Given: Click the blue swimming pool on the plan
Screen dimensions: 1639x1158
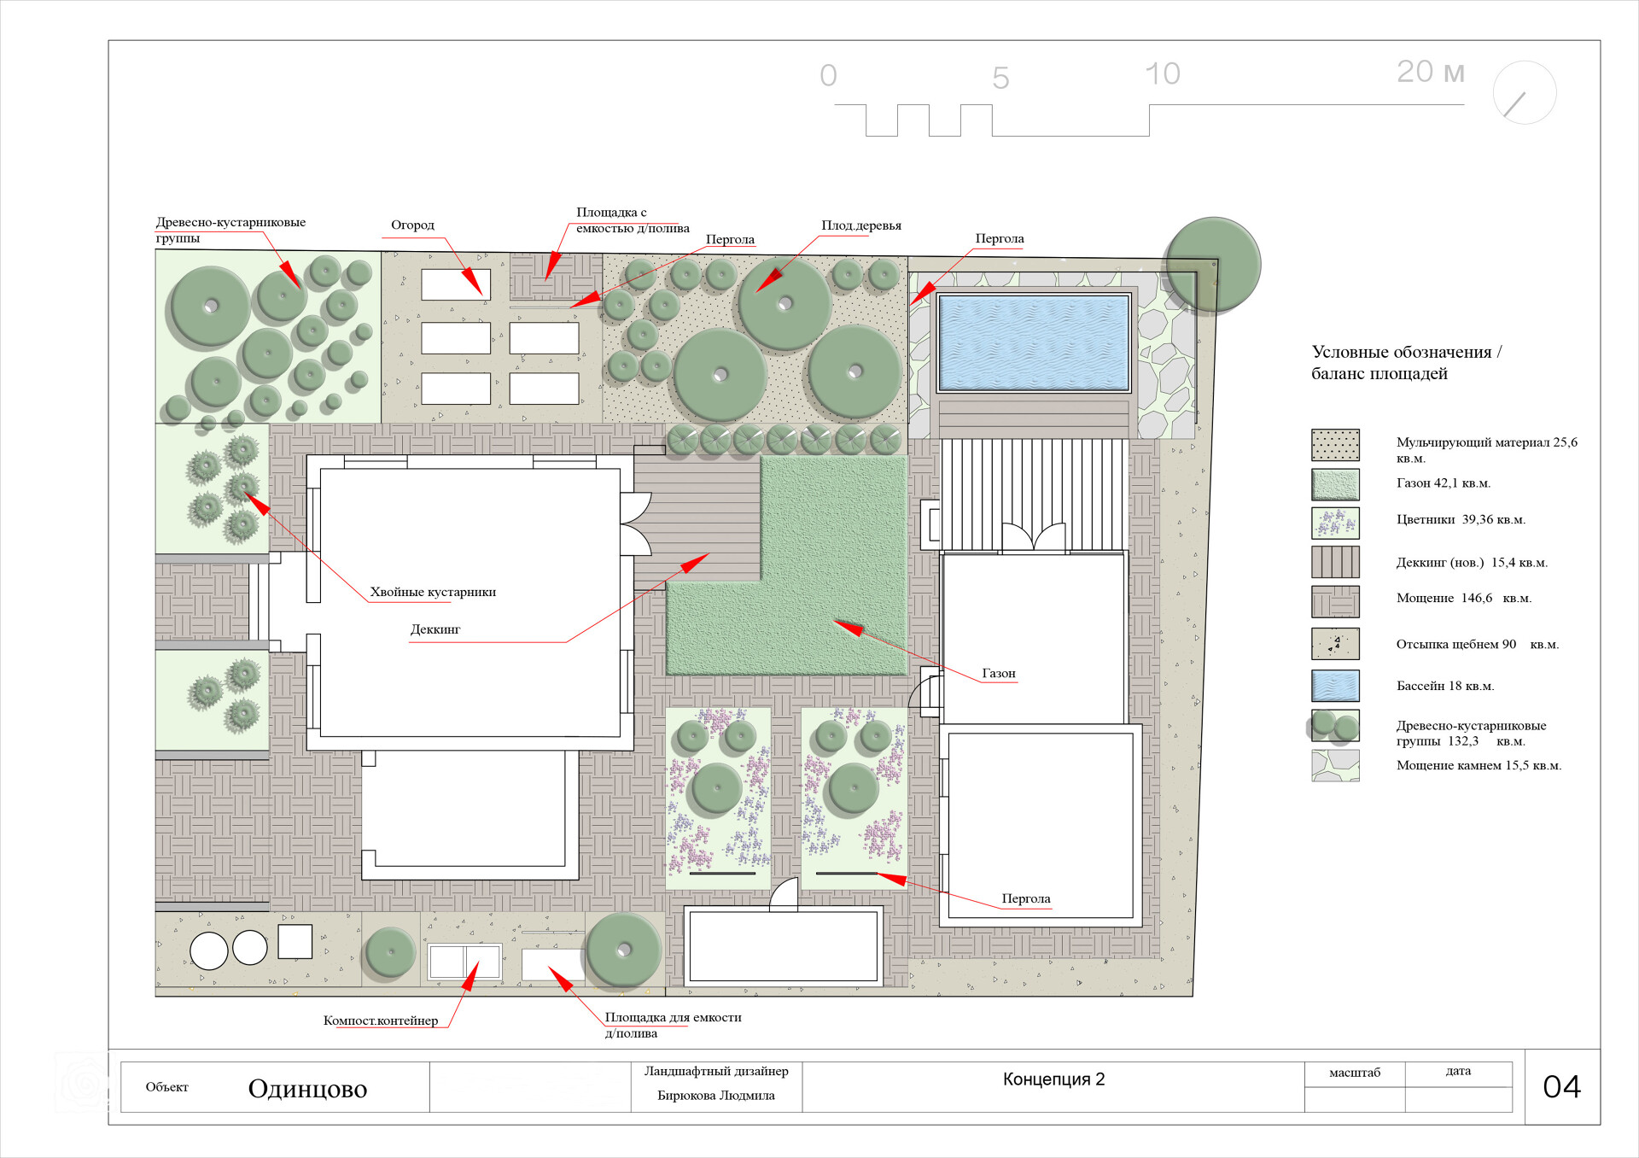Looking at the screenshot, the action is (1034, 342).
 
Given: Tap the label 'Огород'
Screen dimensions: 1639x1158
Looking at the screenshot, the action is (412, 225).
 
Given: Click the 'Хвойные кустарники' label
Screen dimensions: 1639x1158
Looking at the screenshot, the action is (433, 592).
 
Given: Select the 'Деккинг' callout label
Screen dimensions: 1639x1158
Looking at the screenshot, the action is (435, 629).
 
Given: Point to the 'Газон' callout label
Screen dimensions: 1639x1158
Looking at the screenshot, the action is (999, 673).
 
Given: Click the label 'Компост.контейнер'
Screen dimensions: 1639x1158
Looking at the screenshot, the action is (381, 1021).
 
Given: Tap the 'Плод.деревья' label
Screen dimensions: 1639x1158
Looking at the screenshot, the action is (861, 225).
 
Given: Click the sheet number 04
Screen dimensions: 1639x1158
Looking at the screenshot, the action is (1561, 1086).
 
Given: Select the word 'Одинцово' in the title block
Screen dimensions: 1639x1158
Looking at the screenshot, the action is (307, 1089).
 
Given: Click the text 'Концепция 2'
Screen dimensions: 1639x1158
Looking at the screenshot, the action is (1053, 1079).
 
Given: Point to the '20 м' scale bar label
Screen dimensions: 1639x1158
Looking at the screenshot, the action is (1431, 72).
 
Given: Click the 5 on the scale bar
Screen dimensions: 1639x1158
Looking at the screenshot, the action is (1000, 79).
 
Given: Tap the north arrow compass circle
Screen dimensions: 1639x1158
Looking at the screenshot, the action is (1525, 92).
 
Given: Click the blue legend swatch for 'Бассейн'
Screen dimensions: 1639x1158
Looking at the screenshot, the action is (1335, 686).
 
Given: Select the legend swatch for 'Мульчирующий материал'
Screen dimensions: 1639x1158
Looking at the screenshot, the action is (1335, 445).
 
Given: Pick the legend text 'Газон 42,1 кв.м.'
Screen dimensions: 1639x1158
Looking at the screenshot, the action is (1444, 483).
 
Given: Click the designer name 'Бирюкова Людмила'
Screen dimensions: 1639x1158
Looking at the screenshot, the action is (716, 1096).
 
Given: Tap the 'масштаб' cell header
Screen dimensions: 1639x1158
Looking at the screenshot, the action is (1355, 1073).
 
